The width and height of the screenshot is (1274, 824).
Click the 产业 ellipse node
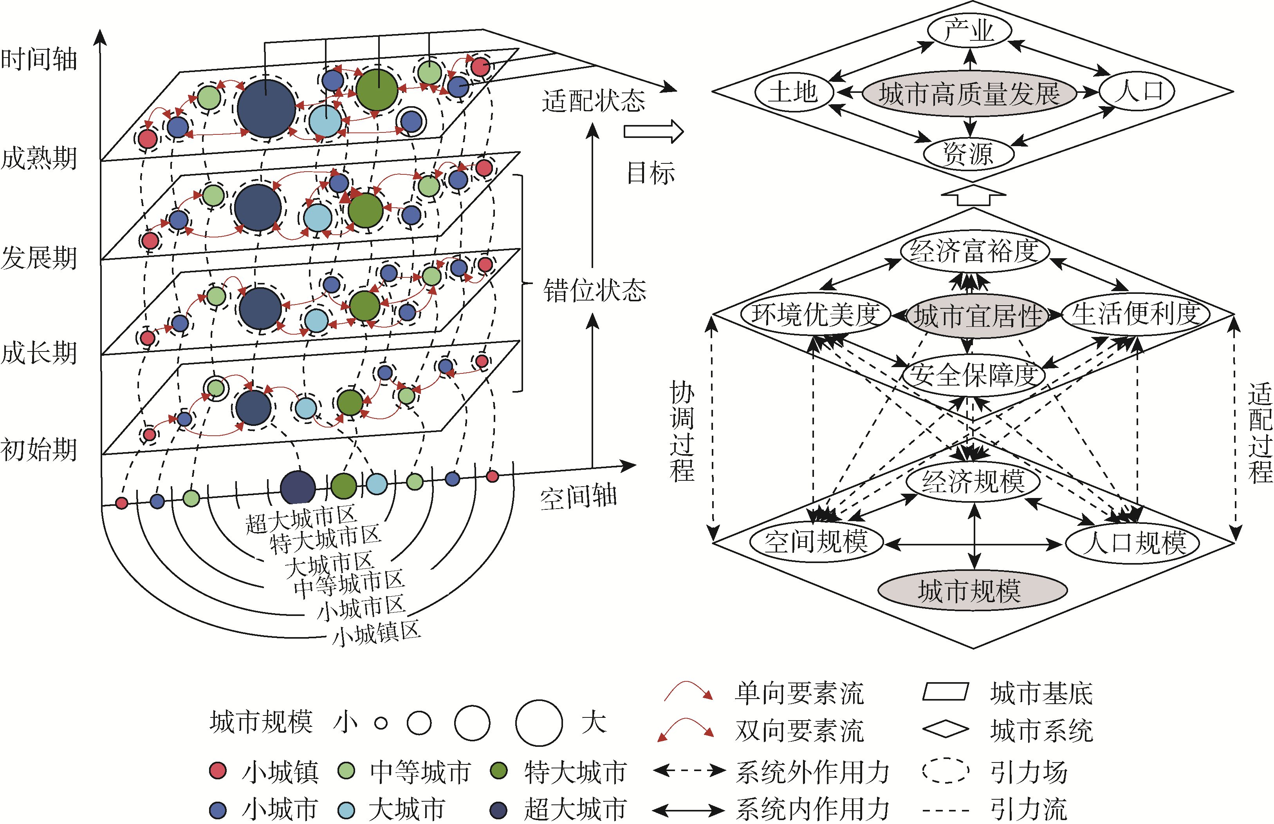(x=969, y=31)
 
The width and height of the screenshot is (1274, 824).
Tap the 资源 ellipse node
(x=968, y=154)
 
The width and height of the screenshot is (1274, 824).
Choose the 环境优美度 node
(x=815, y=314)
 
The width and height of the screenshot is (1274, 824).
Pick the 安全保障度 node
(x=973, y=375)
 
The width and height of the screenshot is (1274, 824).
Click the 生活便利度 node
(x=1135, y=314)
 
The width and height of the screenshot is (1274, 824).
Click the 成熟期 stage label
(x=38, y=158)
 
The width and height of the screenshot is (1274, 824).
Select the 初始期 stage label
(x=38, y=449)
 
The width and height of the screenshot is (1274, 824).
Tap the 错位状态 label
(x=594, y=291)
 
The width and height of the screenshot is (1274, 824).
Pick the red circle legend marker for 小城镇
(x=218, y=771)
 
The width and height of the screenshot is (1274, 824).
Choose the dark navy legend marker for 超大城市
(x=498, y=810)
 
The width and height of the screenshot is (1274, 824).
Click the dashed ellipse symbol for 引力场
(x=945, y=771)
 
